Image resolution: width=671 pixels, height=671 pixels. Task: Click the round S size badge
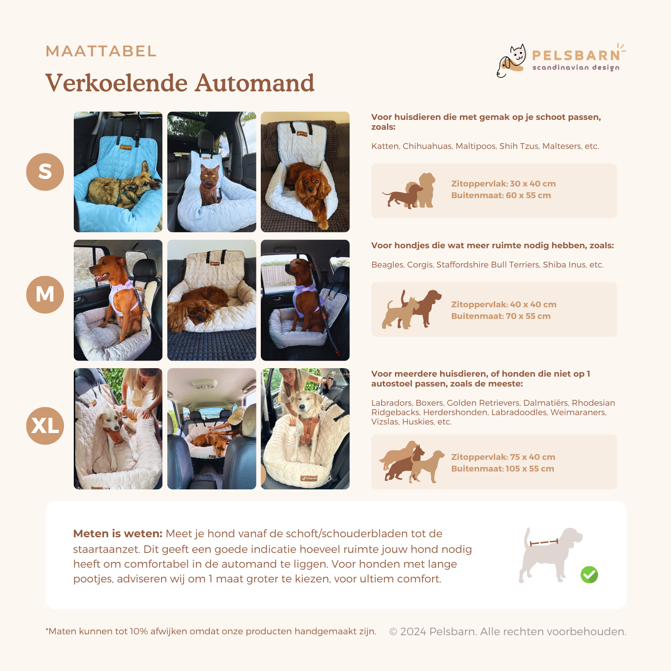45,172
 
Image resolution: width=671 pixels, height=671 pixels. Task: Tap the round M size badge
45,294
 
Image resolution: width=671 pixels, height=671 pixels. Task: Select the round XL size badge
45,425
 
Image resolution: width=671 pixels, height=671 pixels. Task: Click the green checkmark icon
589,575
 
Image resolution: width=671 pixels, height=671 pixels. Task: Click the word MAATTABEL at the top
101,51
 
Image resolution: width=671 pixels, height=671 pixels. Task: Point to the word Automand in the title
255,83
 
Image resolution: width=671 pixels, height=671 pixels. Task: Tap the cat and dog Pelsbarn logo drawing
512,60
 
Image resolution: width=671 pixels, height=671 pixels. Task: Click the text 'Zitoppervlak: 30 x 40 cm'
503,184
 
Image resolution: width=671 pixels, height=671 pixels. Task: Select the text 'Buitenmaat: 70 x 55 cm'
501,316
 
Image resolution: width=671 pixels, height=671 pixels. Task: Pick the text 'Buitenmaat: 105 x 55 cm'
502,469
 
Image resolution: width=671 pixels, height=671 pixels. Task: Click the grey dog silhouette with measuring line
551,555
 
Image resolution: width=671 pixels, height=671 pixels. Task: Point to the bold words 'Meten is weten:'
118,534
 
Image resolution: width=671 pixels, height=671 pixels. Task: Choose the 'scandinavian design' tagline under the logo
576,68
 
